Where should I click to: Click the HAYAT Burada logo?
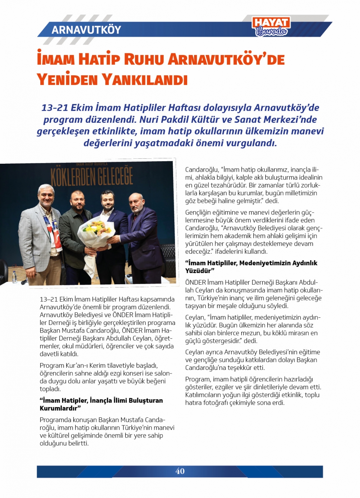271,27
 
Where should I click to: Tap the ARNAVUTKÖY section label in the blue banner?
86,30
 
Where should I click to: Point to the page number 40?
180,471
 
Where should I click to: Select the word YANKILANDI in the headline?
145,79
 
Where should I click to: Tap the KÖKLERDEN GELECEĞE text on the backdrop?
92,177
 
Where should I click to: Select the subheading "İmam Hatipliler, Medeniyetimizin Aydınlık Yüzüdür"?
251,267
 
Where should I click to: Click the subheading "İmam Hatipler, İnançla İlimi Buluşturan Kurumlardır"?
101,404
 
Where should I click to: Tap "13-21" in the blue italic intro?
55,108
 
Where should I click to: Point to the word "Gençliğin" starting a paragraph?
199,212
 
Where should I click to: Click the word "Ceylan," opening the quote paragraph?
195,317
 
